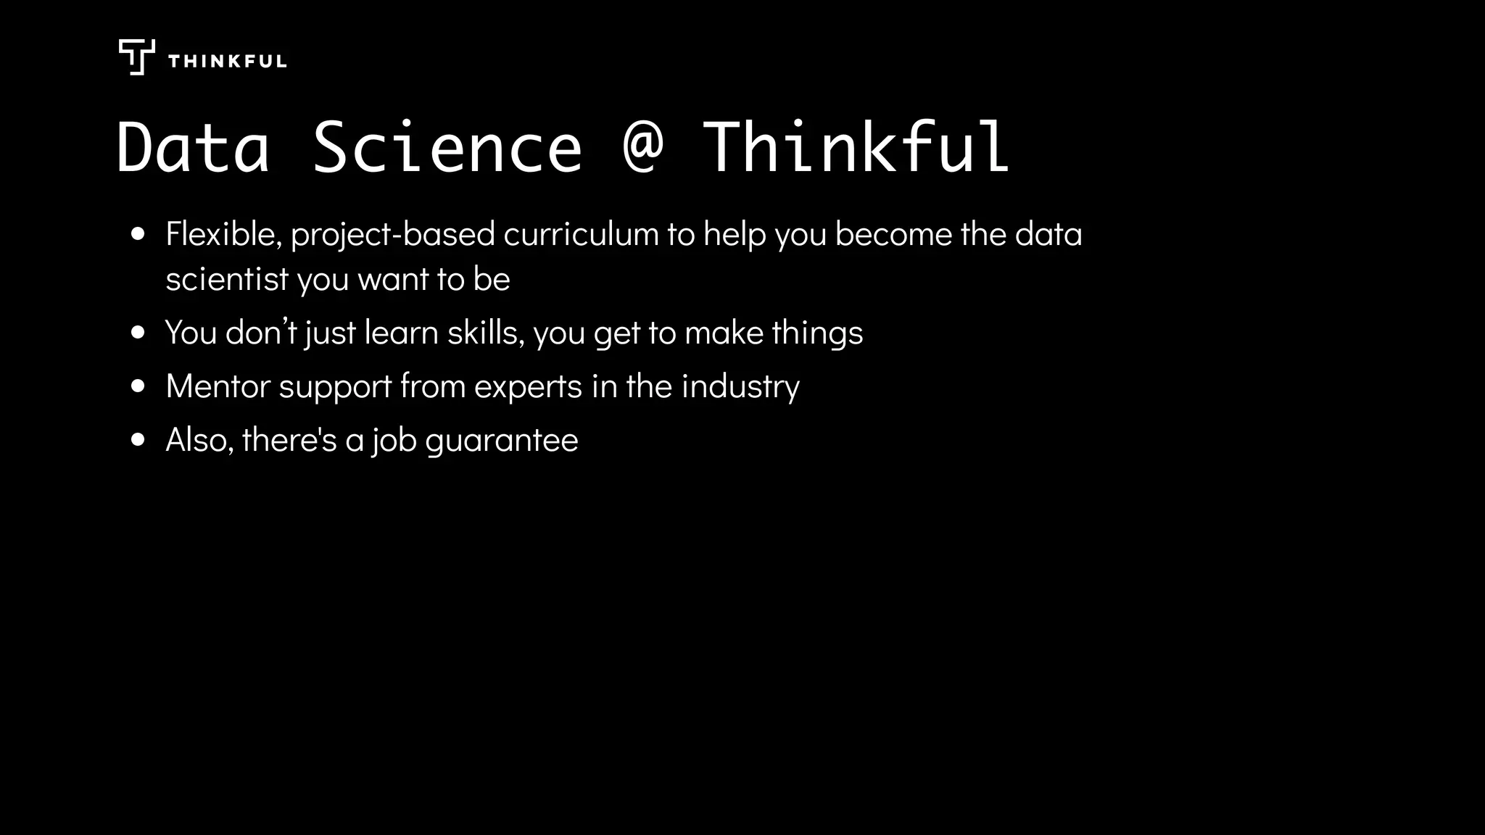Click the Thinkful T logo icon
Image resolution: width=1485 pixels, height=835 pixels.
[x=136, y=57]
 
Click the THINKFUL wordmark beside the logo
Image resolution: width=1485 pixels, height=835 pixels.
[x=227, y=62]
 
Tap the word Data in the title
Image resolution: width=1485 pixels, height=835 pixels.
[x=193, y=149]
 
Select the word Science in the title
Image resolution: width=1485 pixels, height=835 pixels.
[x=447, y=149]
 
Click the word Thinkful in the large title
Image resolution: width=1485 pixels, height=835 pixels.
[x=856, y=149]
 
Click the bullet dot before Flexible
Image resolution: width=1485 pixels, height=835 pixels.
[x=138, y=235]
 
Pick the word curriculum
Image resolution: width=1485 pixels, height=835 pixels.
[x=581, y=234]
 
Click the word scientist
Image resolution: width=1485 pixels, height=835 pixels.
[x=227, y=279]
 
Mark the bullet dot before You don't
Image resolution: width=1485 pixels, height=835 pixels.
[x=138, y=333]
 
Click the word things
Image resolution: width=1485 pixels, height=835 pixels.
[x=817, y=333]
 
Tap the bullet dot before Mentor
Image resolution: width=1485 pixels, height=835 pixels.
[x=138, y=386]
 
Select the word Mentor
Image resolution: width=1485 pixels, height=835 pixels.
[x=218, y=386]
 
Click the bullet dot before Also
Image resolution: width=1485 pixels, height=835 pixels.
[x=138, y=440]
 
